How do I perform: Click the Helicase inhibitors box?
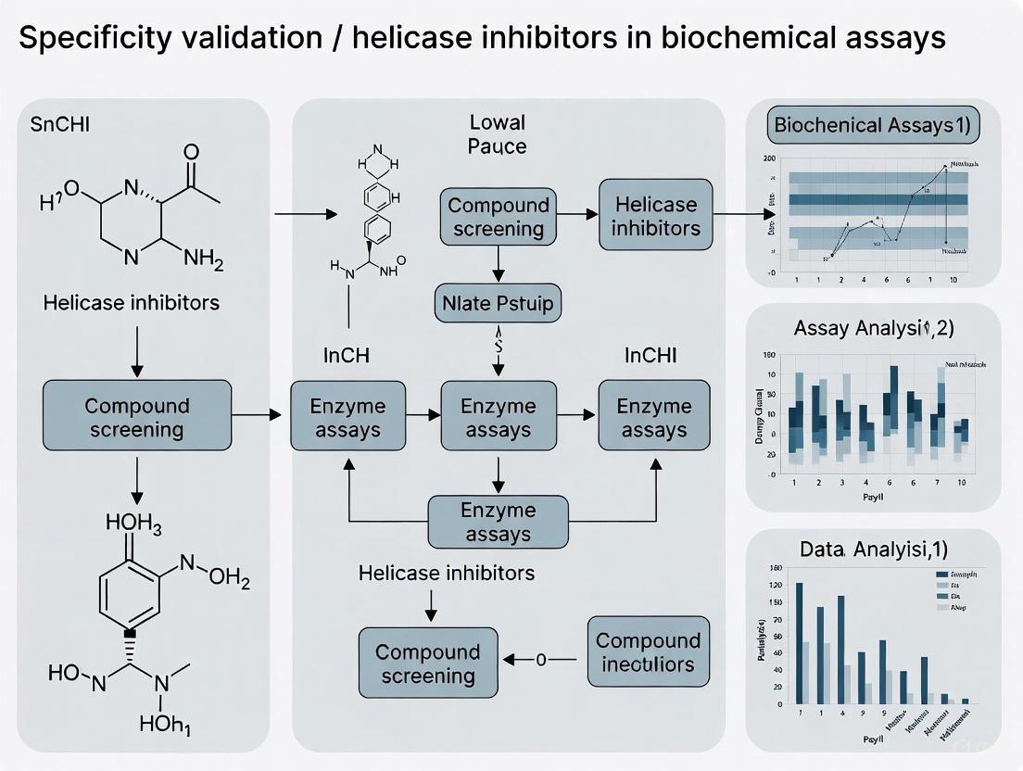pos(656,216)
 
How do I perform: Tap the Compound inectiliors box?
pos(648,652)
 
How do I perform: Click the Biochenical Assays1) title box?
pos(873,127)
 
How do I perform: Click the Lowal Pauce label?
pos(497,134)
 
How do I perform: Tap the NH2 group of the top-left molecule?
pos(204,259)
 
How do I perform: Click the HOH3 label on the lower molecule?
pos(133,526)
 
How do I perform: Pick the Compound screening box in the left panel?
pos(137,417)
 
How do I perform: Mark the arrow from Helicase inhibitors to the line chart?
pos(729,215)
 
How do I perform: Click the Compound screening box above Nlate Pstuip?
pos(499,216)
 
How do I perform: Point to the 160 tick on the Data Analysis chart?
pos(777,568)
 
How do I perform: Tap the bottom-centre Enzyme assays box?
pos(499,522)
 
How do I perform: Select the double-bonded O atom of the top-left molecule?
pos(191,151)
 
